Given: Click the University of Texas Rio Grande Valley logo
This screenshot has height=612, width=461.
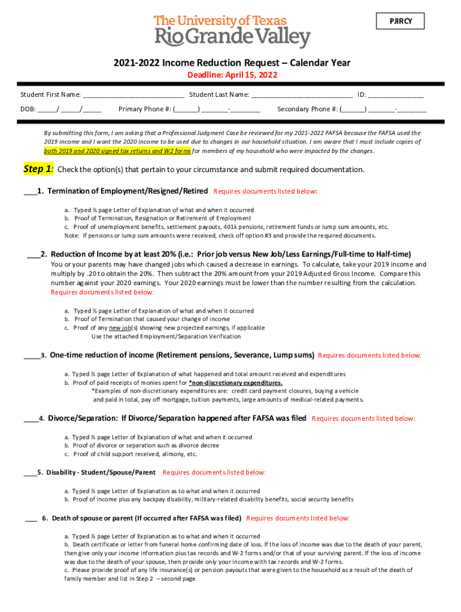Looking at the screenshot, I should click(232, 32).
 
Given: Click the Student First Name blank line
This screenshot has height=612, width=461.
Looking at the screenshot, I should click(134, 95).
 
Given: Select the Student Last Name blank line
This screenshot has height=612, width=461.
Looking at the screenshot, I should click(302, 95).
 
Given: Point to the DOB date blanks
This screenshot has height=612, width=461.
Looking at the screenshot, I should click(69, 109).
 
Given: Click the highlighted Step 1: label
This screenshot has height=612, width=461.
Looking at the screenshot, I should click(39, 169).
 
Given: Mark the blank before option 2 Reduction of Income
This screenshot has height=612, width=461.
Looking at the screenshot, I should click(33, 254).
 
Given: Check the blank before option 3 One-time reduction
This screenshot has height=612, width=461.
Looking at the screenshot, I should click(31, 356).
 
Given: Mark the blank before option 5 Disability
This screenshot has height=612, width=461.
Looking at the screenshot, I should click(30, 473).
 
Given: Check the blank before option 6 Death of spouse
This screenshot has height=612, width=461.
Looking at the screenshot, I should click(31, 519).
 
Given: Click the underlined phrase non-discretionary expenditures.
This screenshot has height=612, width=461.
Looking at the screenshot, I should click(235, 382).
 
